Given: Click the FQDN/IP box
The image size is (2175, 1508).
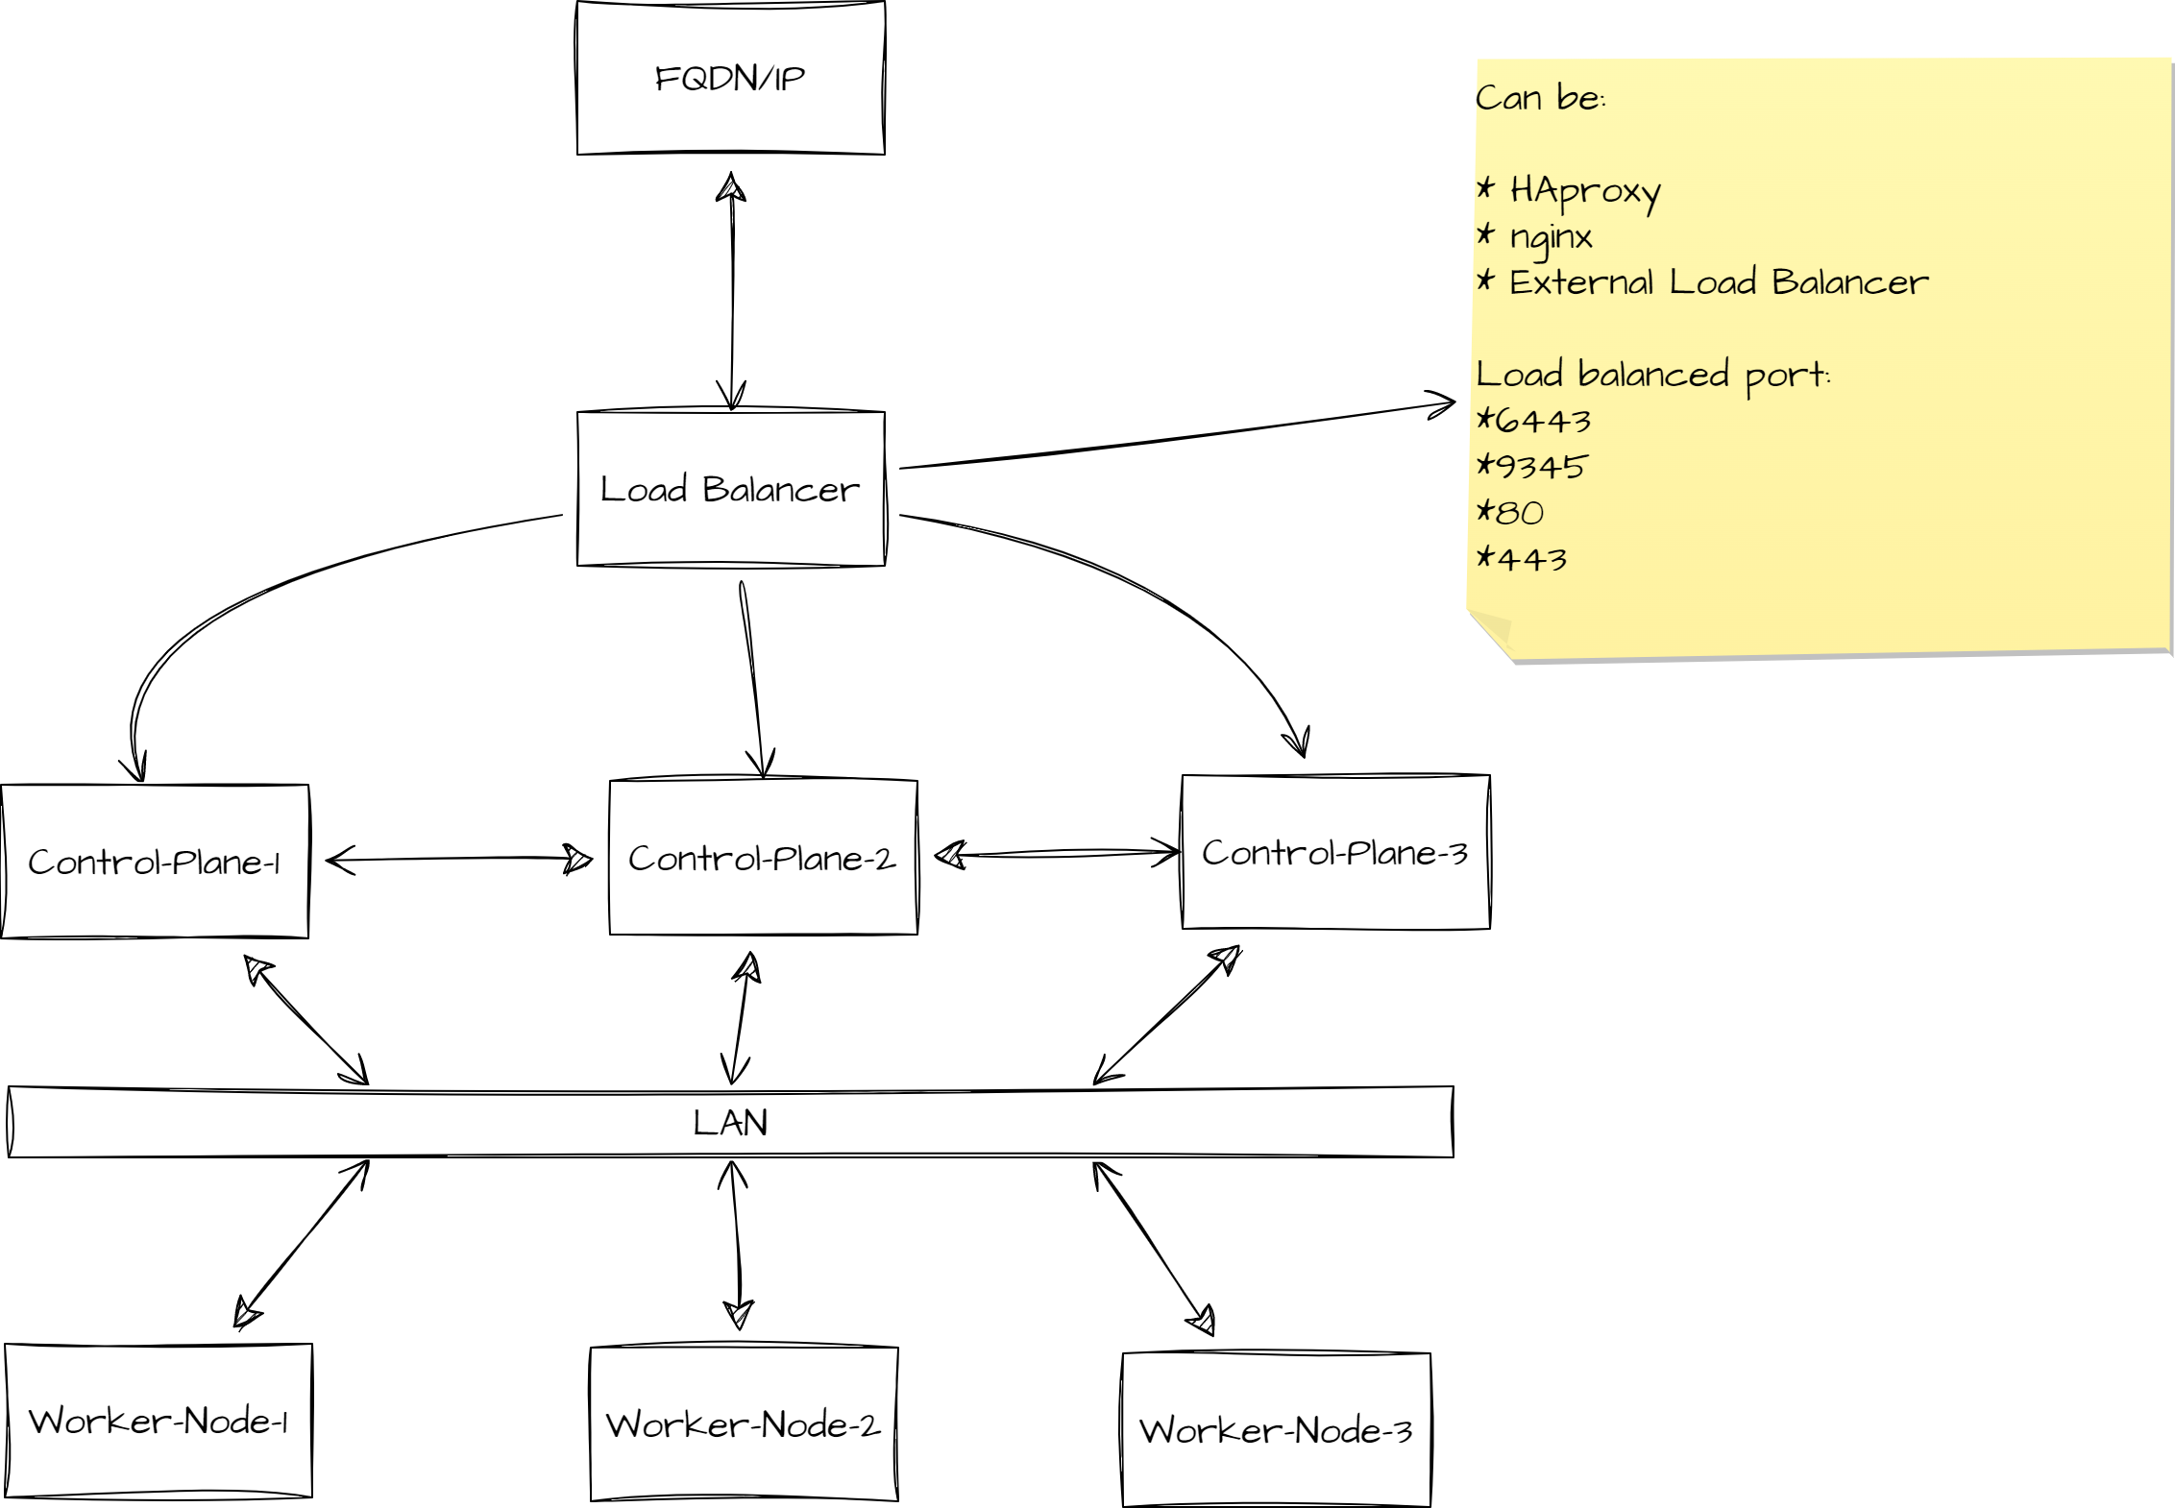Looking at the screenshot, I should point(730,78).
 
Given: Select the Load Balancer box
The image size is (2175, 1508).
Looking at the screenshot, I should point(730,489).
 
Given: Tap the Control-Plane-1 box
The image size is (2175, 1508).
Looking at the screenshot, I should point(155,862).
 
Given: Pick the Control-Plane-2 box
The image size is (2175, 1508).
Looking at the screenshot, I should point(763,857).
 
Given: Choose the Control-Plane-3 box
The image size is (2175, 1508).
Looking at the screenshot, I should point(1335,852).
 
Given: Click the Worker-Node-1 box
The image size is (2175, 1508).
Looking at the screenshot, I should point(159,1421).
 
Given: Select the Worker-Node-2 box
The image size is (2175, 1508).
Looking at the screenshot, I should point(744,1423).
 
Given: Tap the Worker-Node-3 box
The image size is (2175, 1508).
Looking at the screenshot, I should point(1276,1430).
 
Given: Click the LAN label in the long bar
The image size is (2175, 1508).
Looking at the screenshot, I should point(730,1122).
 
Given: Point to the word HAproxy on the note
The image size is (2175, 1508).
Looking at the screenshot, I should point(1585,191).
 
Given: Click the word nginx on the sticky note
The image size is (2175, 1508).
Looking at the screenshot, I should point(1551,236).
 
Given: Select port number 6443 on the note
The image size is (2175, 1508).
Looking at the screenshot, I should point(1543,421).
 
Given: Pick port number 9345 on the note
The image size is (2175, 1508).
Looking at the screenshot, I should point(1541,467).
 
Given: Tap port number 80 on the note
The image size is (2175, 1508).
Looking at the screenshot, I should point(1520,513).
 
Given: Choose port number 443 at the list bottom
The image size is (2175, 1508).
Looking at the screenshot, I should point(1531,559).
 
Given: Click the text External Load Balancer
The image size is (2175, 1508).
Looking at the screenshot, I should point(1718,282).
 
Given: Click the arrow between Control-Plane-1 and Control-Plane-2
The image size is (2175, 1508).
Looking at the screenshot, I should point(459,859).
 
